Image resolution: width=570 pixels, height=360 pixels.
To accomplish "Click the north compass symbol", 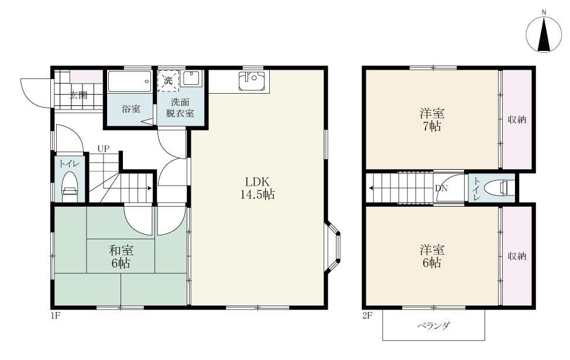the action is coord(544,35).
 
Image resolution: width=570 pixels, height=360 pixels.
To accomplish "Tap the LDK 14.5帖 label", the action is coord(257,188).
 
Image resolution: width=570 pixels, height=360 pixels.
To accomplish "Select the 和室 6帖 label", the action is coord(121,257).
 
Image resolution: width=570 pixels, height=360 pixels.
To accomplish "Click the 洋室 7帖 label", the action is coord(432,120).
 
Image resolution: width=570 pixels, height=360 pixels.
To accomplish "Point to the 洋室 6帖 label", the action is coord(432,256).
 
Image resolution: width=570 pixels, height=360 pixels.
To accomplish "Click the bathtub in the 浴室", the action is coord(130,81).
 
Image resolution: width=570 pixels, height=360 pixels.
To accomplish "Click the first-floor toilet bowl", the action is coord(70,186).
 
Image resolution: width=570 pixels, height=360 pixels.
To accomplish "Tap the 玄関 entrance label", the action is coord(78,95).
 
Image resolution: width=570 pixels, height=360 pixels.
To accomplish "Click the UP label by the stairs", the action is coord(103,148).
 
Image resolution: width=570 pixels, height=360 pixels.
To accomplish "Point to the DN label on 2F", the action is coord(441,188).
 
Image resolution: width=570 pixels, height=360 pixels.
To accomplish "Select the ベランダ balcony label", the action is coord(433,325).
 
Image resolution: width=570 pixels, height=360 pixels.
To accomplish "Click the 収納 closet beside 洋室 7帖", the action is coord(517,119).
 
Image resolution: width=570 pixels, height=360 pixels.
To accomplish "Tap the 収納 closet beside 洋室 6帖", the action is coord(517,256).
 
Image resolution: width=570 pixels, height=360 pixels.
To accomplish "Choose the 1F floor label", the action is coord(55,316).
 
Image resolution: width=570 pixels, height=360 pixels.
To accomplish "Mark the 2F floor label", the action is coord(367,316).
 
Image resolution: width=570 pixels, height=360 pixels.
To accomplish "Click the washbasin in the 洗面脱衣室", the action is coord(191,79).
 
